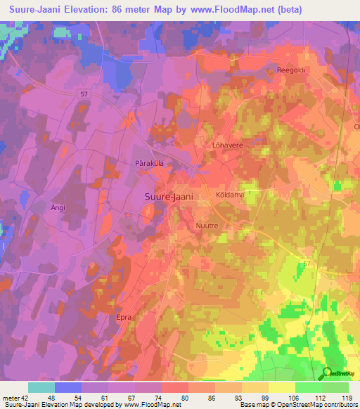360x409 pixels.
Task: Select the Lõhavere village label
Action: (227, 145)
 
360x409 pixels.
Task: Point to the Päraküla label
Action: (149, 163)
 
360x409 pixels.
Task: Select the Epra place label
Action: (124, 318)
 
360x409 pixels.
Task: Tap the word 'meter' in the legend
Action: (10, 398)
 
